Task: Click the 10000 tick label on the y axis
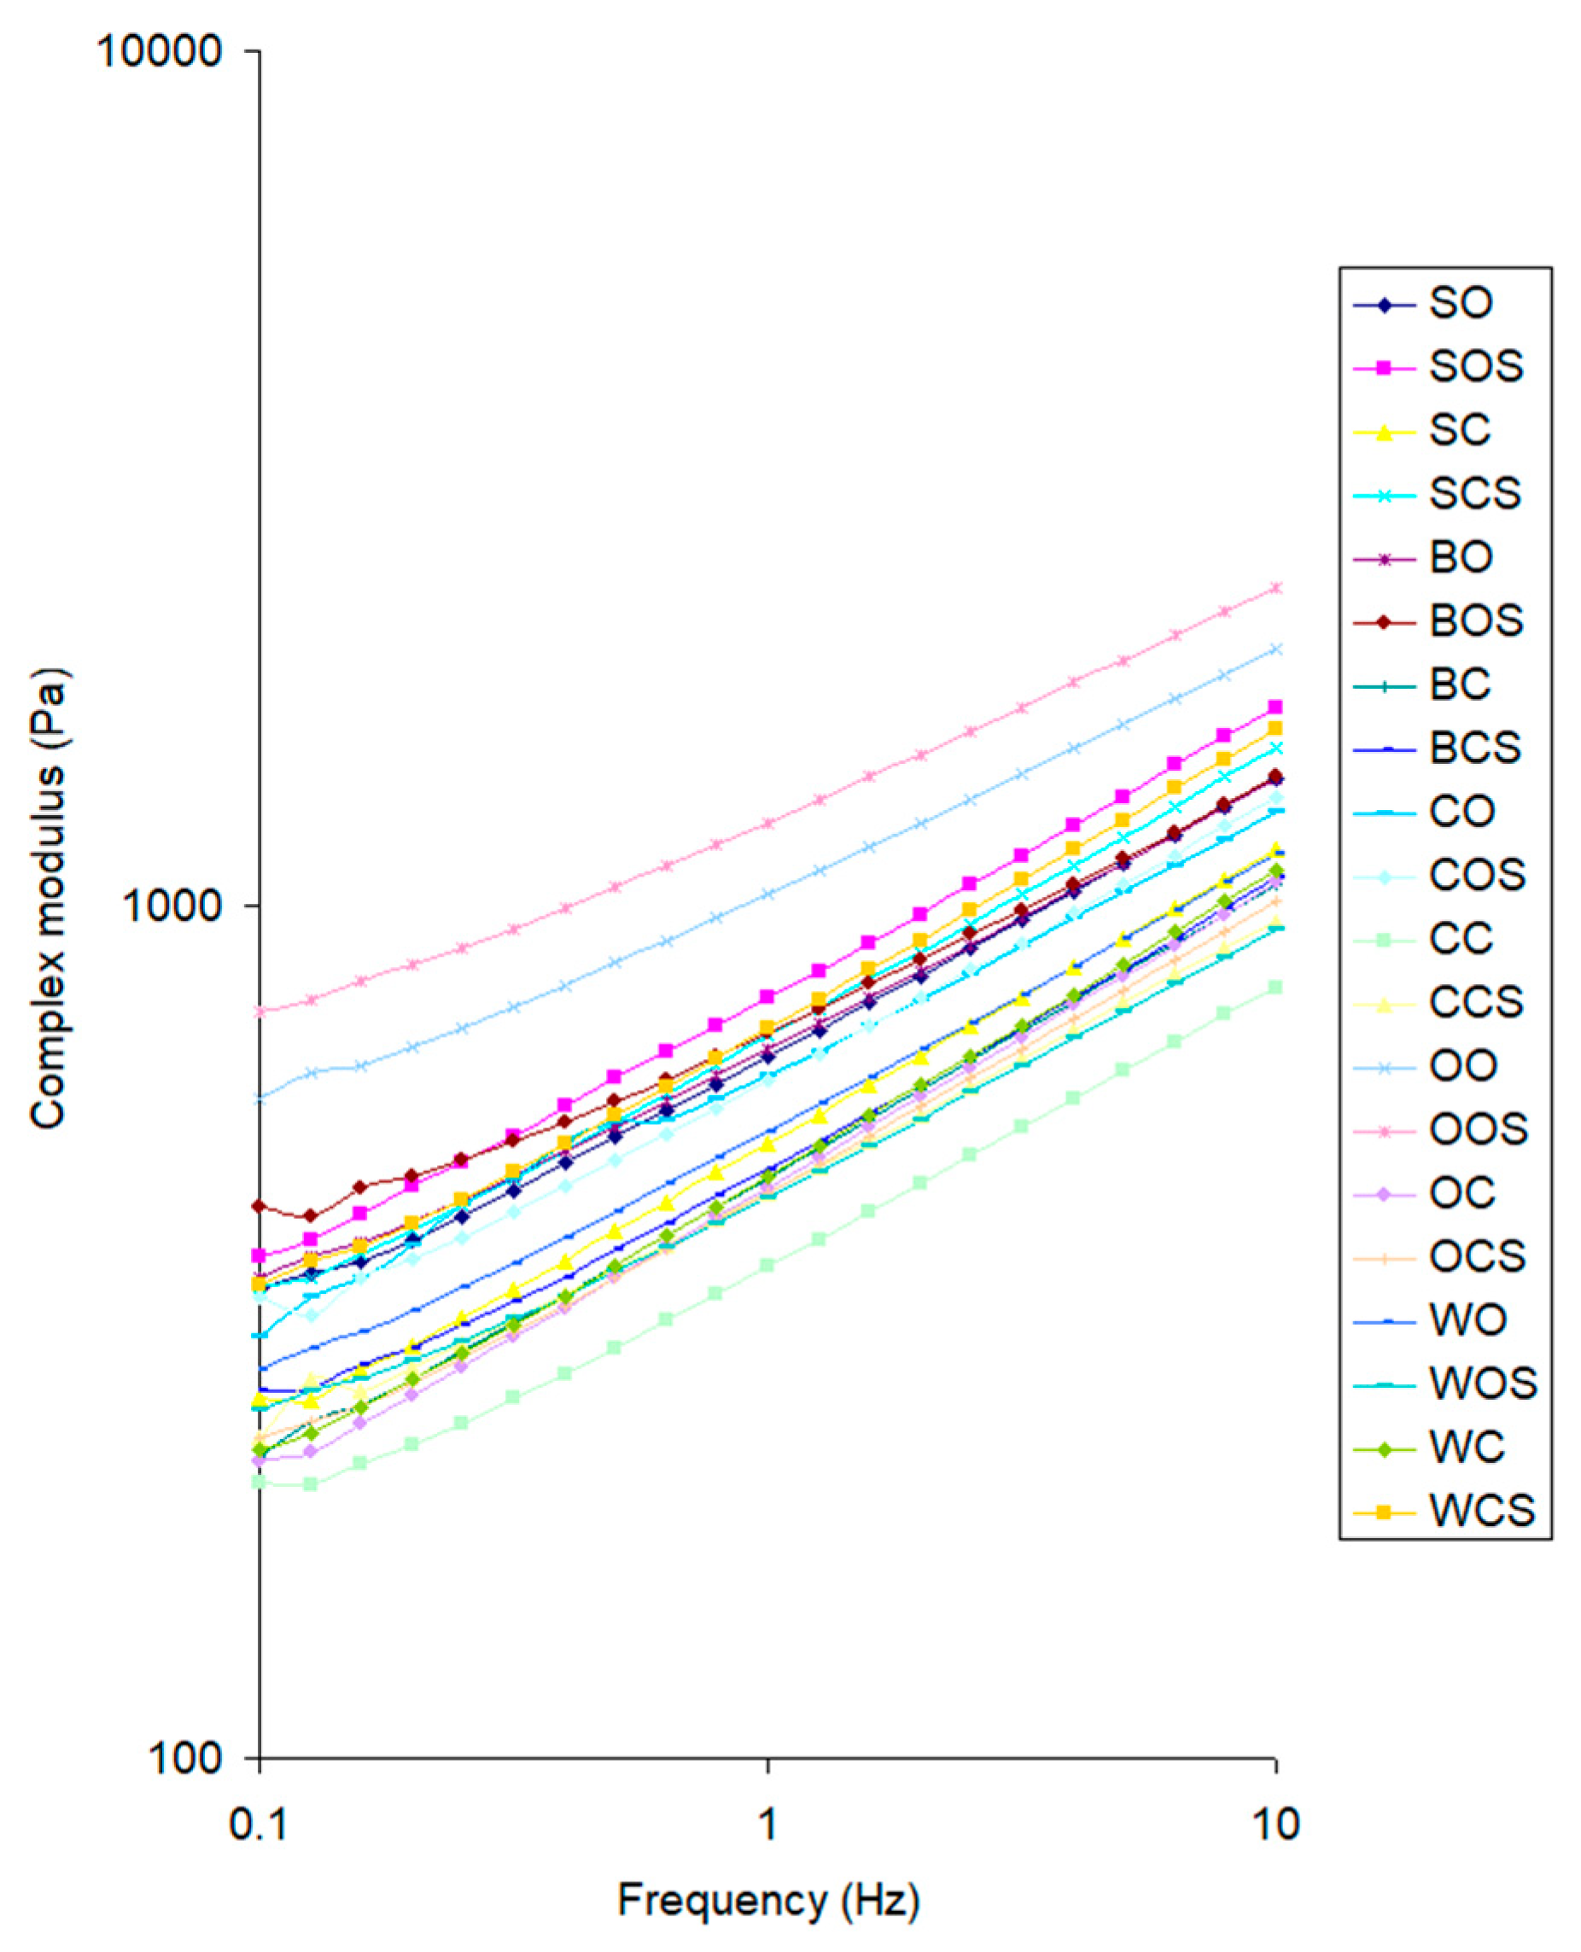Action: point(160,51)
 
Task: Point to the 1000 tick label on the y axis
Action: point(172,906)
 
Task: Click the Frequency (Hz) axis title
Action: point(767,1901)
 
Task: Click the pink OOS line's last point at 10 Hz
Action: point(1276,588)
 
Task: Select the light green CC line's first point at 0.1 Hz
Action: point(260,1483)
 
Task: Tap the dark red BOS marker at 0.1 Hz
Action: point(260,1206)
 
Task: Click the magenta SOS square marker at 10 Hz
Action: point(1276,708)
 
